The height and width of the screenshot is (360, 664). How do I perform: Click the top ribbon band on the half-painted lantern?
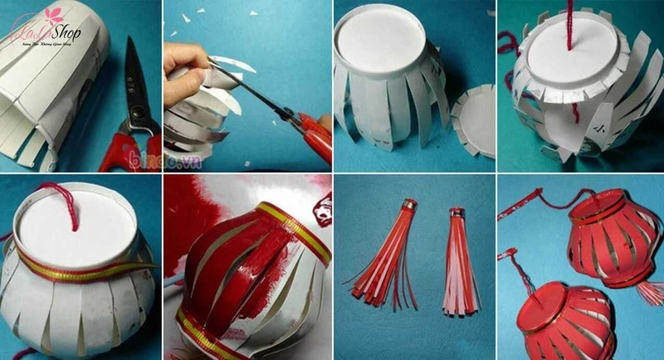283,225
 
